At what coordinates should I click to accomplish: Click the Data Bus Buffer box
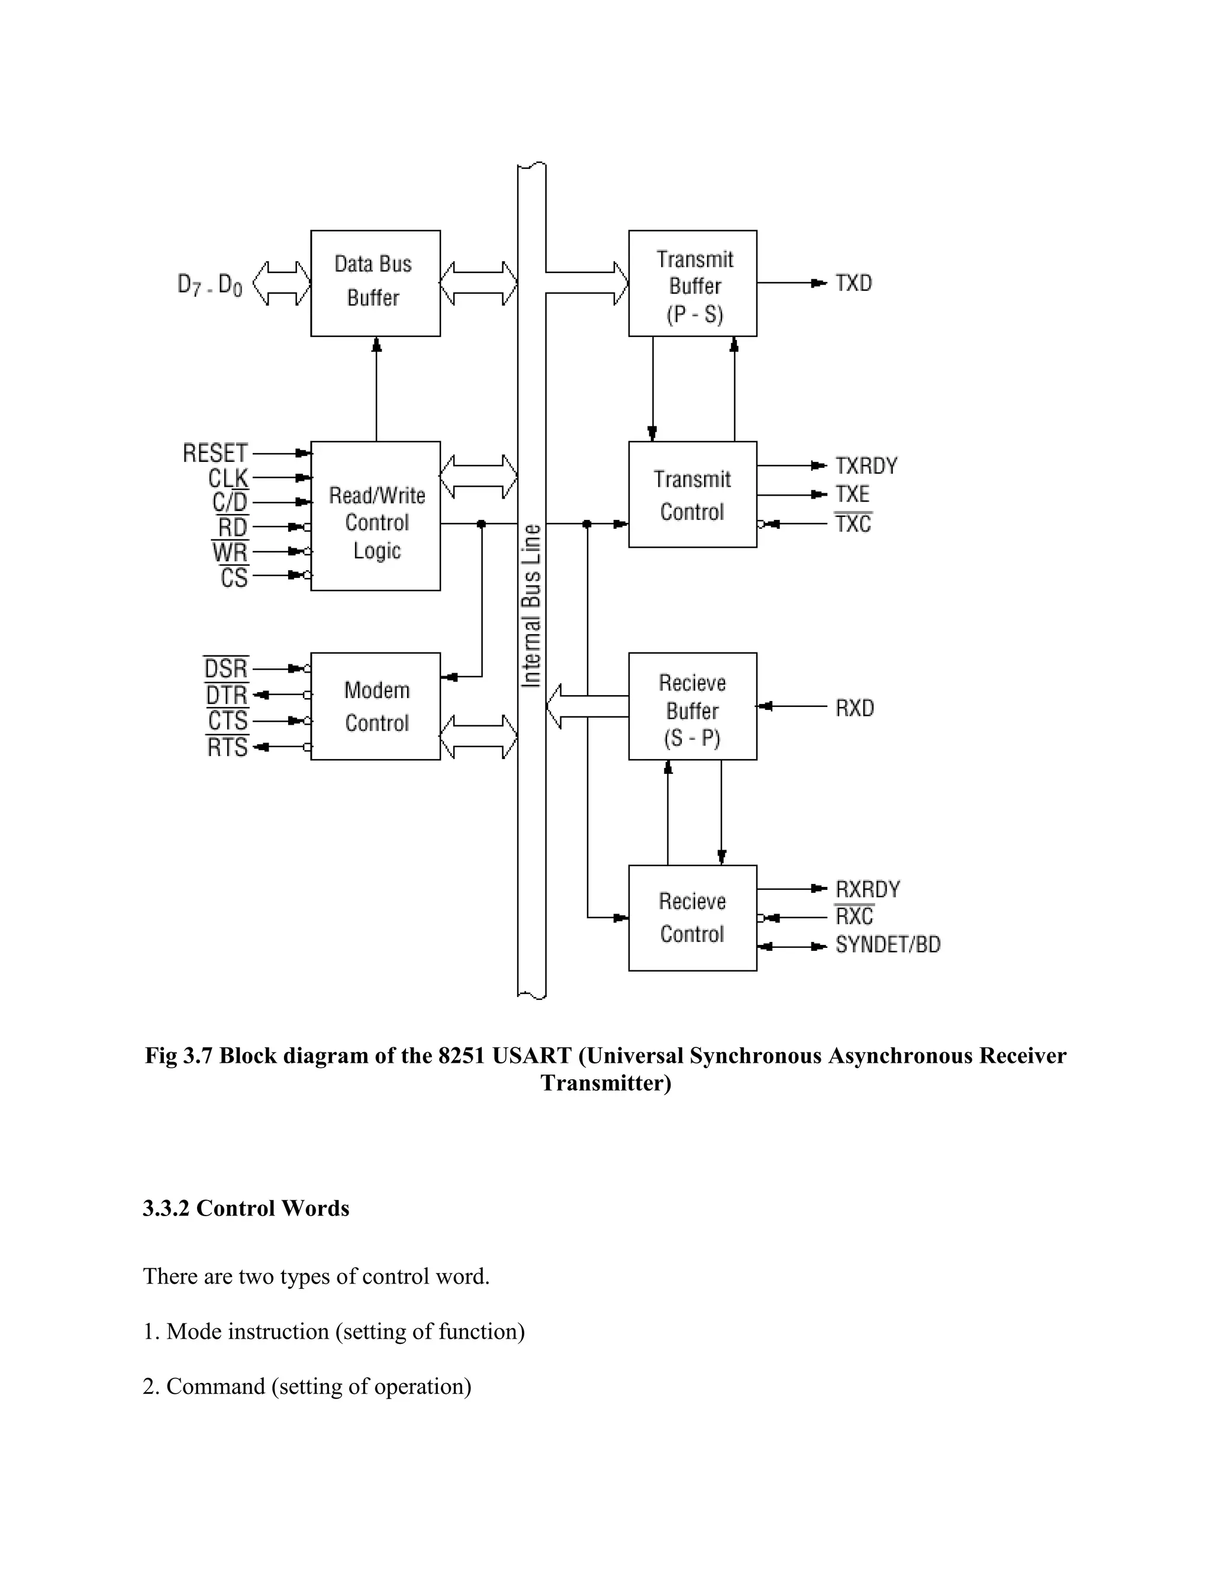coord(375,283)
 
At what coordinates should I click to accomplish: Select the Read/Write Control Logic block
coord(375,516)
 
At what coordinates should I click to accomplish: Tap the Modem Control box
coord(375,706)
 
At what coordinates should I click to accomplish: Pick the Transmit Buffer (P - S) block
coord(692,283)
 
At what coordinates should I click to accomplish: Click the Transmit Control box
coord(692,494)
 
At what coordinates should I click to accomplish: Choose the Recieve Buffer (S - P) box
coord(692,706)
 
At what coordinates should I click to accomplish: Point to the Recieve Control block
coord(692,917)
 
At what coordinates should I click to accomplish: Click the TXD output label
coord(853,283)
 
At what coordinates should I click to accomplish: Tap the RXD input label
coord(855,708)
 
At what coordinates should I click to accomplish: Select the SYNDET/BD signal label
coord(888,945)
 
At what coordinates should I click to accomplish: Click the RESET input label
coord(215,454)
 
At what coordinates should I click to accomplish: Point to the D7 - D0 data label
coord(209,285)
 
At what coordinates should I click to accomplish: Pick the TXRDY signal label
coord(866,466)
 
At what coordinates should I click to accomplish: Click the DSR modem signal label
coord(226,670)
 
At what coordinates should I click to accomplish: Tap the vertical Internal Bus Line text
coord(531,606)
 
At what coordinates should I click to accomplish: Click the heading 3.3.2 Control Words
coord(246,1208)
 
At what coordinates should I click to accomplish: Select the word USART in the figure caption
coord(531,1055)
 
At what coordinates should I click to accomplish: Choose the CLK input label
coord(228,478)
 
